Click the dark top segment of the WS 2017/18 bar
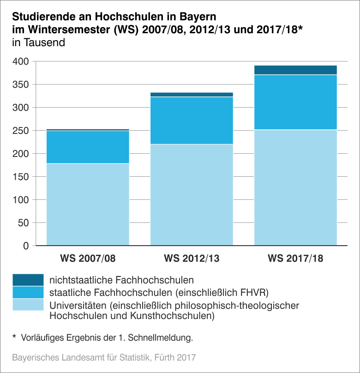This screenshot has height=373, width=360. pos(295,70)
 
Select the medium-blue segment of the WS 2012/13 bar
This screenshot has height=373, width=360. pos(192,120)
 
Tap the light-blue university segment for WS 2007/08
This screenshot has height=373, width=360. pos(88,204)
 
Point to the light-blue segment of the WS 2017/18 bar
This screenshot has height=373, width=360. pos(295,187)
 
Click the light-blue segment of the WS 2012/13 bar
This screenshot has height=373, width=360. pos(192,194)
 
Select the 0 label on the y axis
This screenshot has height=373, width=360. pos(26,246)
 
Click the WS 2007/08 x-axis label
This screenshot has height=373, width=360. pos(88,258)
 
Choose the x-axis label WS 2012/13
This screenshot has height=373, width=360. pos(192,258)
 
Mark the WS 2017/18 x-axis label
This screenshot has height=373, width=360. pos(295,258)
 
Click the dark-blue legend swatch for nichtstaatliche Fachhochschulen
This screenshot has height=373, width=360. pos(28,280)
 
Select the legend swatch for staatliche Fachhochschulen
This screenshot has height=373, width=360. pos(28,292)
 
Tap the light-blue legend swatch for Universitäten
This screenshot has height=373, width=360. pos(28,305)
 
